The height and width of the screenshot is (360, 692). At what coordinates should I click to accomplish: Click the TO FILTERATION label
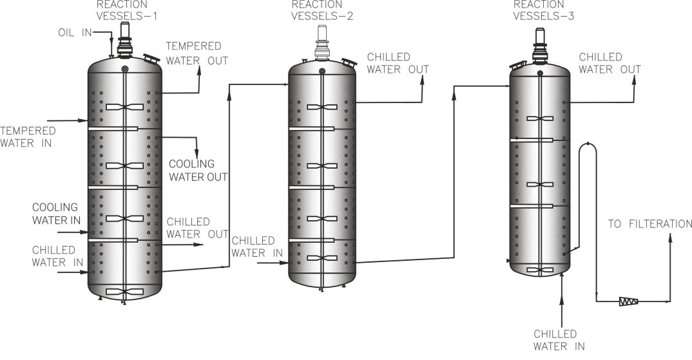tap(650, 224)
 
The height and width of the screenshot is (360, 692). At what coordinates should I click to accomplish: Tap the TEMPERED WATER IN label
tap(27, 137)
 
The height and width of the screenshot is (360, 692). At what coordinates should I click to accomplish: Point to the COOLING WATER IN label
tap(55, 214)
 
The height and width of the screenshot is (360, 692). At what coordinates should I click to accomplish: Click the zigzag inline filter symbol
tap(628, 301)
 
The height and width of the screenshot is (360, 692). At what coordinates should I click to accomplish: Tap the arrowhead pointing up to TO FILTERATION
tap(671, 238)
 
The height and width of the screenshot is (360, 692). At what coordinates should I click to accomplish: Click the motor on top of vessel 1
tap(124, 39)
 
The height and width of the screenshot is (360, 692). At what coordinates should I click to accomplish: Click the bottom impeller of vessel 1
tap(124, 292)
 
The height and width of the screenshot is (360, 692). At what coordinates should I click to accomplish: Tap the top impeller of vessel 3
tap(539, 118)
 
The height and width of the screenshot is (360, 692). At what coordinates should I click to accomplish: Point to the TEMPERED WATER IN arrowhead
tap(84, 120)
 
